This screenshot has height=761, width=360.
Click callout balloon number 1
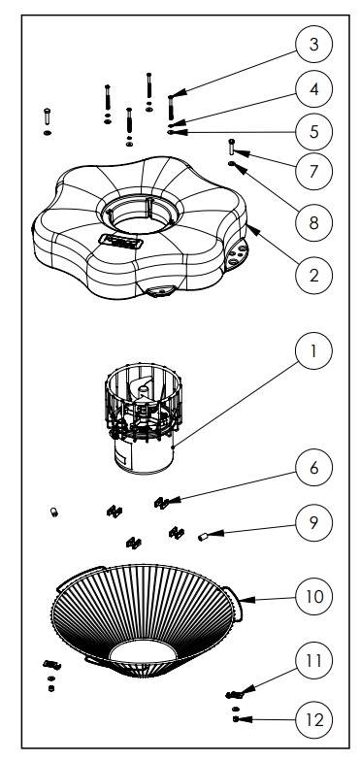point(313,351)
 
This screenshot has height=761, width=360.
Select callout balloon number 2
point(313,275)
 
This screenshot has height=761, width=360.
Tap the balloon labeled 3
point(313,45)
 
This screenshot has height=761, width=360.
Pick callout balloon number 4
point(313,88)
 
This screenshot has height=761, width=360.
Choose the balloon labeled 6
point(313,468)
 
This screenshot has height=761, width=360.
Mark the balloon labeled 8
point(313,223)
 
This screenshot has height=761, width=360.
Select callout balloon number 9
point(313,522)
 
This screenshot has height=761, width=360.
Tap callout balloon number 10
point(313,594)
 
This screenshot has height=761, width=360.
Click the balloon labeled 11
point(313,662)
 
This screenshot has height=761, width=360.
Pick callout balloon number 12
point(313,720)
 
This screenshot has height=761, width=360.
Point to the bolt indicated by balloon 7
point(231,148)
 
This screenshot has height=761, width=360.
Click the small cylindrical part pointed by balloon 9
point(205,534)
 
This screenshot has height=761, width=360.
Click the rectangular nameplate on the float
point(121,238)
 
